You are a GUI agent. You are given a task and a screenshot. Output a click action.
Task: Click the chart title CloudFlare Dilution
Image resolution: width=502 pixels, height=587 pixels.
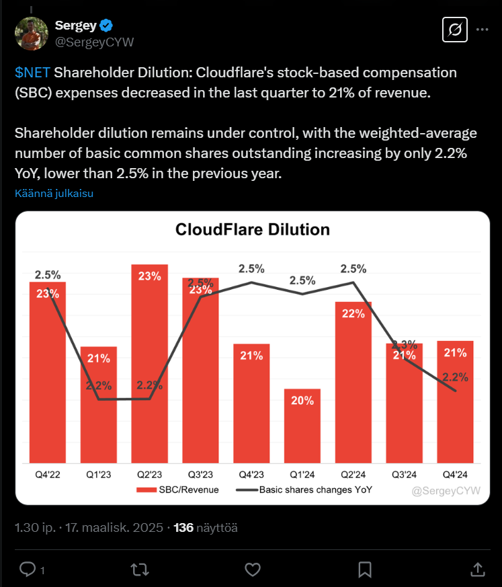click(x=252, y=230)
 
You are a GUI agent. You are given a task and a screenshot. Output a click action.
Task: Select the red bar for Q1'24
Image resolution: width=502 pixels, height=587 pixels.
click(x=302, y=426)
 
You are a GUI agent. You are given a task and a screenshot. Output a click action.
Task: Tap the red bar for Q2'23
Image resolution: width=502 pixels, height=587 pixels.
click(x=149, y=364)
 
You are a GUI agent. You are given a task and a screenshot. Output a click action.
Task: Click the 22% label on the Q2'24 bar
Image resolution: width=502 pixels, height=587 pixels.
click(x=353, y=313)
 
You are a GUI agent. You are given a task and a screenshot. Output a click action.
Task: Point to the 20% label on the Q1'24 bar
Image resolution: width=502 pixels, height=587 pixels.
click(x=302, y=401)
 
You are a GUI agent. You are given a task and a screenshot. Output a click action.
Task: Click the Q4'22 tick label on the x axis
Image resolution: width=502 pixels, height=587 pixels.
click(x=47, y=475)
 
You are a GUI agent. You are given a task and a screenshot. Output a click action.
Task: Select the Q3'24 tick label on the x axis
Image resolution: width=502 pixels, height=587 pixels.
click(x=404, y=475)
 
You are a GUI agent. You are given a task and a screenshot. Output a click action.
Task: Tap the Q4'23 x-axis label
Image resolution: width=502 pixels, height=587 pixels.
click(x=251, y=475)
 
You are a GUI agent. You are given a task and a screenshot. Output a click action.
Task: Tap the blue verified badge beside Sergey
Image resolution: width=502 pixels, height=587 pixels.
click(x=106, y=26)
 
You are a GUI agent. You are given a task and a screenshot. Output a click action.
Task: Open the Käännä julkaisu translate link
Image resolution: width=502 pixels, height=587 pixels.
click(x=54, y=194)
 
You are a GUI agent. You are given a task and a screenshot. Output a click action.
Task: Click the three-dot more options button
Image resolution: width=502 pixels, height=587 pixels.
click(x=482, y=30)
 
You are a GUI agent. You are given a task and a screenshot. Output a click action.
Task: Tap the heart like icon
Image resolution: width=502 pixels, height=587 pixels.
click(x=252, y=570)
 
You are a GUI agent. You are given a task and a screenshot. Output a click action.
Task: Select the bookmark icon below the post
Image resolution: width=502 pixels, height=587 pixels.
click(x=365, y=570)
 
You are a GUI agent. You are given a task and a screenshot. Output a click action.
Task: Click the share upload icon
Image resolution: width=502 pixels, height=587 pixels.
click(x=477, y=570)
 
